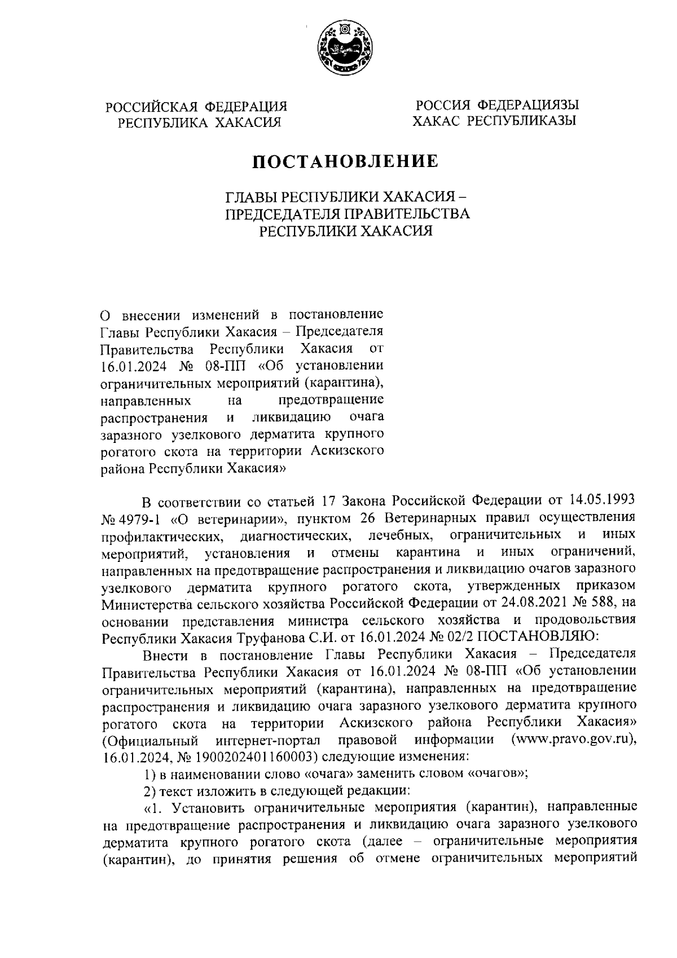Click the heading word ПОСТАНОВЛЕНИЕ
[345, 161]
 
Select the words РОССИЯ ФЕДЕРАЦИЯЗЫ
[497, 105]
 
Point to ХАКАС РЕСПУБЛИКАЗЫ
[494, 120]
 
